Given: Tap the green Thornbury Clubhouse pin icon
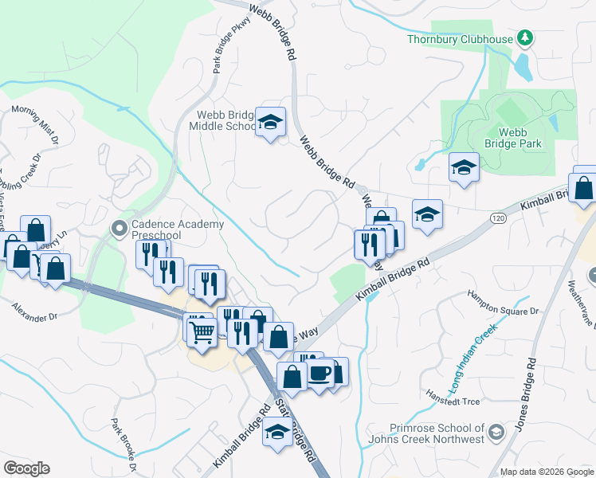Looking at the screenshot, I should pos(524,37).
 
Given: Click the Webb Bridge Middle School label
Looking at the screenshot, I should pos(222,119).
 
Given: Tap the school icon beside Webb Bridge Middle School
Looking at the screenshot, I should pos(271,123).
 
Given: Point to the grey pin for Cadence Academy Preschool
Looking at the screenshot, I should pos(120,229).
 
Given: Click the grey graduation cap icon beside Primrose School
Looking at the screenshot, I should pos(496,433).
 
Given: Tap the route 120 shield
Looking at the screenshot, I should pos(497,217).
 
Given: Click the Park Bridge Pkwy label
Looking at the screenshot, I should pos(225,50).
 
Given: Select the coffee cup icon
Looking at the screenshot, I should pos(320,372).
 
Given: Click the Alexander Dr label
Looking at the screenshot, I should pos(35,311).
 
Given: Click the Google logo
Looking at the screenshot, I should pos(26,468).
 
